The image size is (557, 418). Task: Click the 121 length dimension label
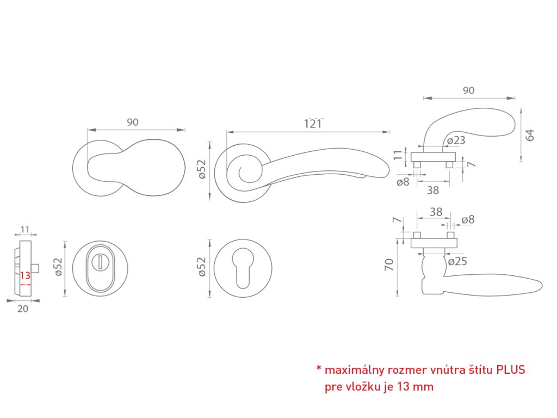(313, 124)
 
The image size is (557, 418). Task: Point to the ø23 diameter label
(456, 140)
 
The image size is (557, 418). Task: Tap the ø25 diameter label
(457, 262)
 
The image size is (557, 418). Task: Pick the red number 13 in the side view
(25, 275)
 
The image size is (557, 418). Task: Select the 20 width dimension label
(23, 308)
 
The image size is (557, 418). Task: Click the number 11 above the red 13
(25, 229)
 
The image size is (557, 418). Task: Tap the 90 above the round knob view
(133, 122)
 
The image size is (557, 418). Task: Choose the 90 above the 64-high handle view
(468, 91)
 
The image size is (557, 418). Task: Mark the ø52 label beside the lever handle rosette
(201, 170)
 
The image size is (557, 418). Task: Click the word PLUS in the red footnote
(510, 371)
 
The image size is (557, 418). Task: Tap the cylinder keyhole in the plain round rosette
(240, 267)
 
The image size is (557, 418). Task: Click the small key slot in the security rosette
(101, 262)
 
